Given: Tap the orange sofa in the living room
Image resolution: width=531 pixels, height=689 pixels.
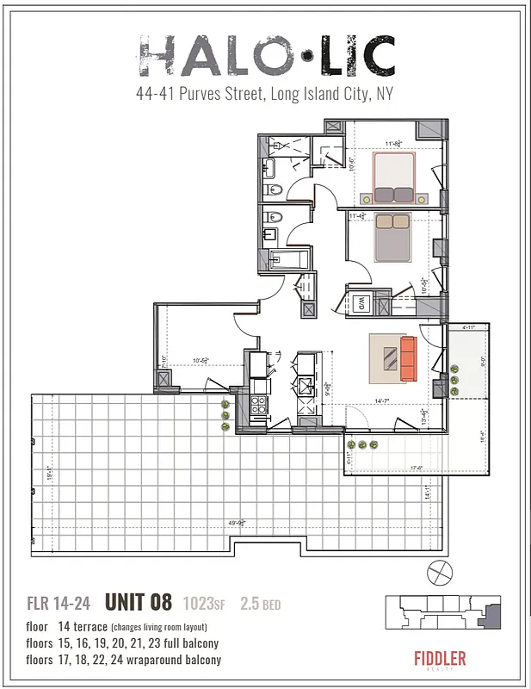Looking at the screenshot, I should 407,358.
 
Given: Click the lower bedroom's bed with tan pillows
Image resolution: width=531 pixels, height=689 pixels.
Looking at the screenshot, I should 392,238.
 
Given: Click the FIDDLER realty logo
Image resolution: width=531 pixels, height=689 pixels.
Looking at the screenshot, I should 439,661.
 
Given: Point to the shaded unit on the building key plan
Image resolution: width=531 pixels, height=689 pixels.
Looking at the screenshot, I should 493,616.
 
